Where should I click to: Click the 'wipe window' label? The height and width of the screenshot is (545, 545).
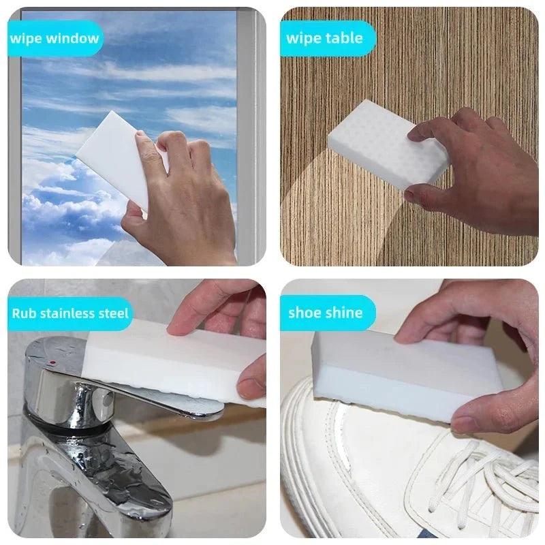coord(54,38)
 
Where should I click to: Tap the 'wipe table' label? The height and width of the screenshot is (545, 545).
coord(324,38)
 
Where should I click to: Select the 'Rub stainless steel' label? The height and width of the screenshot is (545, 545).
coord(70,313)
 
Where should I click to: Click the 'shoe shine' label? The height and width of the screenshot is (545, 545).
coord(325,313)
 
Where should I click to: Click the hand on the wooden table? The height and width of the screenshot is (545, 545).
coord(477,177)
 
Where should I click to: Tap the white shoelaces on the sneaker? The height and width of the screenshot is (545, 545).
coord(490,477)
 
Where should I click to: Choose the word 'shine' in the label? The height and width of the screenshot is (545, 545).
coord(343,313)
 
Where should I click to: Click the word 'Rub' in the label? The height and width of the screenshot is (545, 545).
coord(24,313)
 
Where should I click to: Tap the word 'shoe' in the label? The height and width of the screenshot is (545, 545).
coord(304,313)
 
